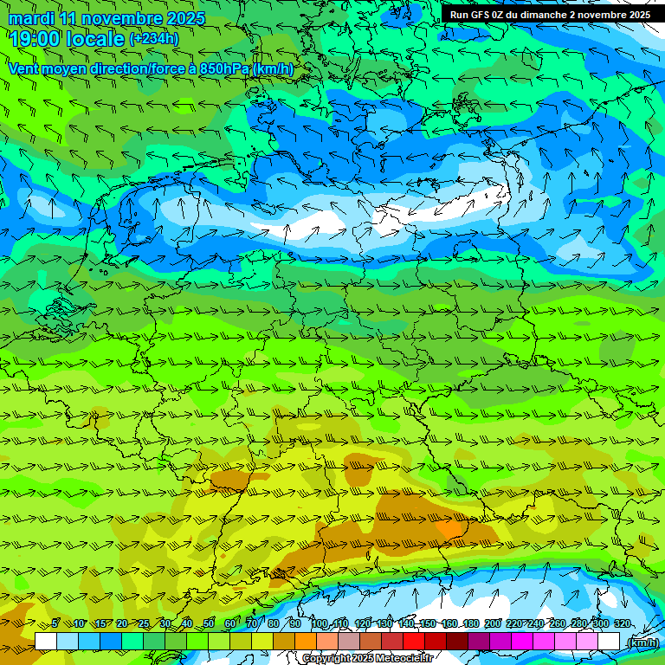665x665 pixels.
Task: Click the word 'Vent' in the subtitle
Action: (x=26, y=68)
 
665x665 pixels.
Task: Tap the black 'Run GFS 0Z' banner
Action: (x=550, y=14)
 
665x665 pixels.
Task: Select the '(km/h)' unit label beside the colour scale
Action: (x=642, y=642)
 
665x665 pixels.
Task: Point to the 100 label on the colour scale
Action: (x=320, y=623)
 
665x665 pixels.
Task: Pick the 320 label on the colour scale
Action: (x=622, y=623)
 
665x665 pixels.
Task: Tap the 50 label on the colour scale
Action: (x=209, y=623)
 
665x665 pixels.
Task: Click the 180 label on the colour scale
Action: (x=470, y=623)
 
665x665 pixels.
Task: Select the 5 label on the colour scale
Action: (x=55, y=623)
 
